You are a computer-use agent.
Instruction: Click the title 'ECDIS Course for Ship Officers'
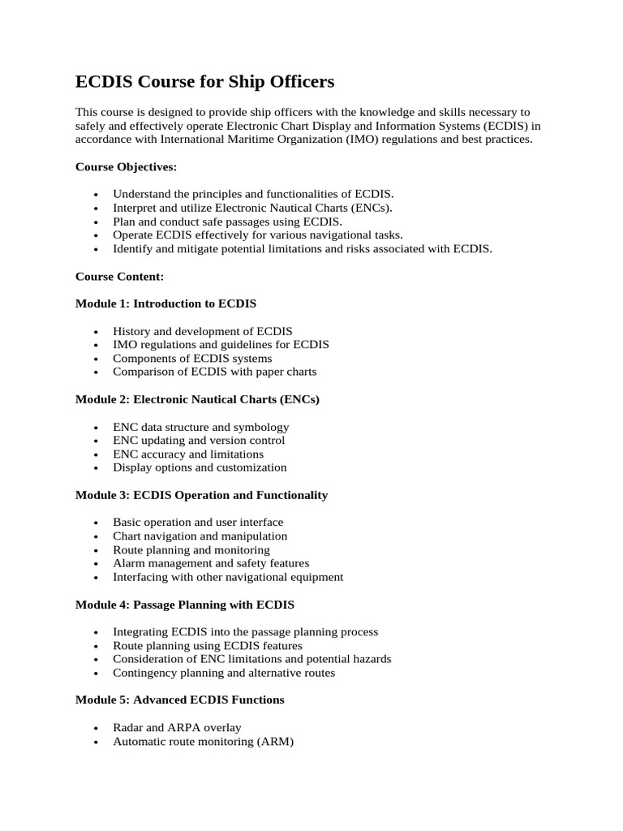(x=204, y=82)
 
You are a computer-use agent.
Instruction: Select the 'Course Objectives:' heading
(x=126, y=166)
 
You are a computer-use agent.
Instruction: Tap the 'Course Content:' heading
(x=119, y=276)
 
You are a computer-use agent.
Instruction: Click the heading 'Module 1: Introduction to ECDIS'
(x=165, y=304)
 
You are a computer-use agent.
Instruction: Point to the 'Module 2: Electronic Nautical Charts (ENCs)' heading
(x=197, y=399)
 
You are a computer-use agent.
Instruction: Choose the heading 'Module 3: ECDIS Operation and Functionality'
(x=201, y=495)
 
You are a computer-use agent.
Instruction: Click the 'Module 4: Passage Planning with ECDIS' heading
(x=184, y=605)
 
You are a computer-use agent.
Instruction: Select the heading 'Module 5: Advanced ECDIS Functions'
(x=179, y=700)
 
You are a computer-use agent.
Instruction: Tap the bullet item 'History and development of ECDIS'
(x=203, y=331)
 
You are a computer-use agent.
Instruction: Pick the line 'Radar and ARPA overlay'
(x=177, y=727)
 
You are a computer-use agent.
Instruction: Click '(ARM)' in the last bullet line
(x=276, y=741)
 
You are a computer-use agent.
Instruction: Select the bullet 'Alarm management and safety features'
(x=211, y=563)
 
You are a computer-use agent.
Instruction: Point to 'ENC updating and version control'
(x=199, y=441)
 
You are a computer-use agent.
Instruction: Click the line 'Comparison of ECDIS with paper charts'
(x=214, y=372)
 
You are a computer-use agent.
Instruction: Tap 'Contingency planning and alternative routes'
(x=224, y=673)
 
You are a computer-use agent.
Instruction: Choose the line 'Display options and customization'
(x=200, y=467)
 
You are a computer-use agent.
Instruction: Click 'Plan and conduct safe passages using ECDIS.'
(x=227, y=222)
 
